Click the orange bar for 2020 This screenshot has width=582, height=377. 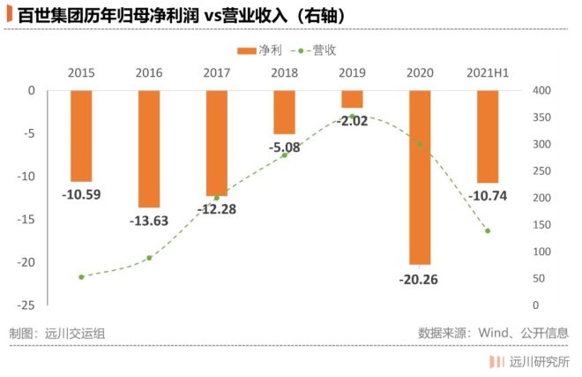[420, 177]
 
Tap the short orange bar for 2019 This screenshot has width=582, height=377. [352, 99]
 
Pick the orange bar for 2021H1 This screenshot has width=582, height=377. [488, 136]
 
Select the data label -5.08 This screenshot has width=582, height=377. [285, 147]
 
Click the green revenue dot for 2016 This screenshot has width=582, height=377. [149, 258]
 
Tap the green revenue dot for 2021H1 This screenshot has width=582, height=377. [488, 231]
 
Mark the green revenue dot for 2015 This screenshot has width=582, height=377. [81, 277]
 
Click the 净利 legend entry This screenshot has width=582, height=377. [260, 51]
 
